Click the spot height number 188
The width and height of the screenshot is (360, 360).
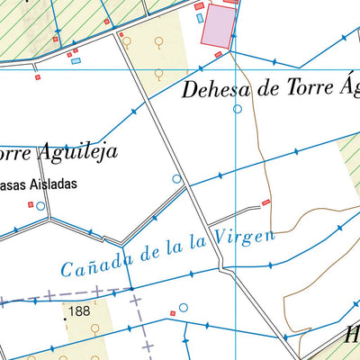coord(79,311)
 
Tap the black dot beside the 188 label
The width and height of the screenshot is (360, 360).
coord(66,317)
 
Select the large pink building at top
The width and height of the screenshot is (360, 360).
coord(215,25)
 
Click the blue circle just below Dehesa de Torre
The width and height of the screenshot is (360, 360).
coord(238,109)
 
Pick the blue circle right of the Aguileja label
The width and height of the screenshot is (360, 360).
coord(177,179)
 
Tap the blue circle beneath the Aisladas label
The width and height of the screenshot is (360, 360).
coord(40,205)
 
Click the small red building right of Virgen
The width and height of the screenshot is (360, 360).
coord(265,202)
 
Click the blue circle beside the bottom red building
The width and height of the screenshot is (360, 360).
coord(184,308)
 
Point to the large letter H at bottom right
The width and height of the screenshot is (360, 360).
coord(351,337)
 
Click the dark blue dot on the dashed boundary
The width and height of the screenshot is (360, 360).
coord(131,290)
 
